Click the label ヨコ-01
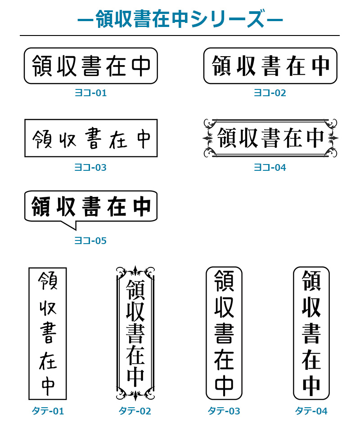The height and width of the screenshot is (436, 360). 90,93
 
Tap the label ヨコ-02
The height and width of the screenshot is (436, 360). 270,93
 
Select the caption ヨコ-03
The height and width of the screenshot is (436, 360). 90,167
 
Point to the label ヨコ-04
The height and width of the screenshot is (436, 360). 270,167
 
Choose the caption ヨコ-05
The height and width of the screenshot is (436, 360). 90,240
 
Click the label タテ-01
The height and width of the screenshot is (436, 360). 48,411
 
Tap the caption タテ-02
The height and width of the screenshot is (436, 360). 135,411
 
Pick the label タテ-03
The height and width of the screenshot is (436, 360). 224,411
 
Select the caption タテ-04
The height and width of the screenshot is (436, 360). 311,411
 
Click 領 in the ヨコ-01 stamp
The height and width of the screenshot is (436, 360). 42,66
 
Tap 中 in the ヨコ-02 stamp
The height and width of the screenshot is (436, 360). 321,66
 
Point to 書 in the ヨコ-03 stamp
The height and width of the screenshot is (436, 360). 93,138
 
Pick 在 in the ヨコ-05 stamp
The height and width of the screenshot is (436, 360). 117,206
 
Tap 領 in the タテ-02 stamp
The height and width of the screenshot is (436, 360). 135,289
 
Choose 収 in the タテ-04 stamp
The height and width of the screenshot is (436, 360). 311,307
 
